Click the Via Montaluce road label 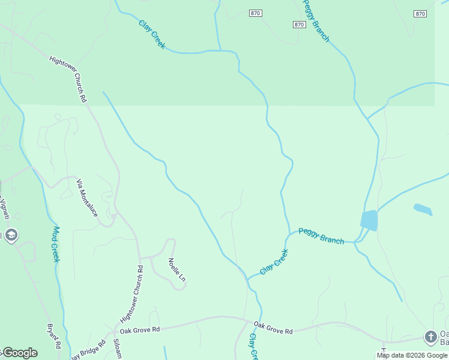tap(88, 196)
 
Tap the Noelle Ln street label tap(176, 270)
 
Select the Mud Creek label tap(55, 244)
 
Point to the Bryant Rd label tap(54, 336)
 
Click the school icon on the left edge tap(11, 235)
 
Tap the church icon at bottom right tap(430, 337)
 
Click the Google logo tap(20, 353)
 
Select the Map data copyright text tap(412, 355)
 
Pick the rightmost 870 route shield tap(420, 13)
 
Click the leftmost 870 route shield tap(256, 13)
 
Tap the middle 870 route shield tap(299, 24)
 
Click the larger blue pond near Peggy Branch tap(369, 220)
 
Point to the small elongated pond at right tap(423, 209)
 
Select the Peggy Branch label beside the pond tap(321, 236)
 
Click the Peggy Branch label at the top tap(316, 20)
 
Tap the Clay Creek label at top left tap(152, 35)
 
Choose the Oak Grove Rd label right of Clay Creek tap(273, 328)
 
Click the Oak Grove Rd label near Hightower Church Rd tap(140, 329)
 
